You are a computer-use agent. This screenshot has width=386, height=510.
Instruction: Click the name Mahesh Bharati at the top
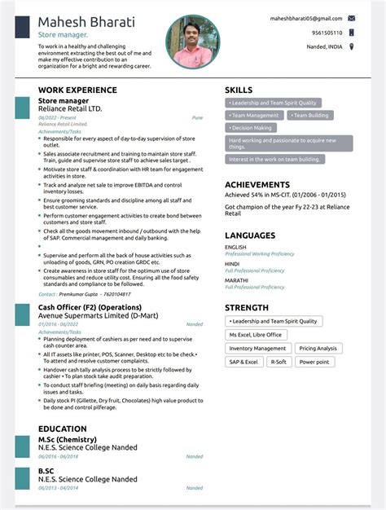click(x=86, y=21)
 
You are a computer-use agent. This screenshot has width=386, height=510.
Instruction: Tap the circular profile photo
click(x=193, y=42)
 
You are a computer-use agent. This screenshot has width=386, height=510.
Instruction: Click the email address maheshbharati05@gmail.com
click(x=305, y=17)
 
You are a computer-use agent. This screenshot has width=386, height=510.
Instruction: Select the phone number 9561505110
click(x=327, y=33)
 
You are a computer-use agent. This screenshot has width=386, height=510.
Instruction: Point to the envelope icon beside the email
click(x=351, y=17)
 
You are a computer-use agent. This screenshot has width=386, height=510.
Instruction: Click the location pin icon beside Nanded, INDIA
click(x=351, y=46)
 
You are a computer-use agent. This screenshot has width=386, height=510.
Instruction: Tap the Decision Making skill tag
click(x=252, y=128)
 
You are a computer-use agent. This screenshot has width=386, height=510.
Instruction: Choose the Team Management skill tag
click(x=255, y=116)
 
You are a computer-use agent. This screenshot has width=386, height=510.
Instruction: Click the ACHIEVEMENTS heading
click(x=257, y=185)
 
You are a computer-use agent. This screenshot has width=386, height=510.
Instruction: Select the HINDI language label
click(x=232, y=264)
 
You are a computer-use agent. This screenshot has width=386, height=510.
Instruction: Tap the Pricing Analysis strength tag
click(x=318, y=348)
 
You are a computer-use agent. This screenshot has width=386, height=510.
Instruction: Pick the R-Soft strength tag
click(x=279, y=362)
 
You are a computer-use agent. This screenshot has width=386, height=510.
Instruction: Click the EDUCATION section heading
click(x=62, y=429)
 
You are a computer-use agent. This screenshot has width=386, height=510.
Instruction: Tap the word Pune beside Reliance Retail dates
click(x=197, y=117)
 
